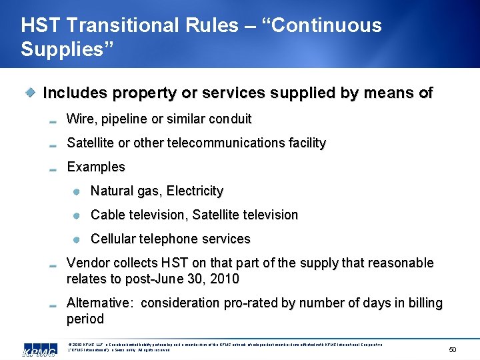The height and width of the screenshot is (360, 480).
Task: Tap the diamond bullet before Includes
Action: click(30, 93)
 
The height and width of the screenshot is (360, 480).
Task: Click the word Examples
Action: click(96, 167)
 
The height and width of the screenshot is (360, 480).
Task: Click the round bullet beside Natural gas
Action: click(77, 191)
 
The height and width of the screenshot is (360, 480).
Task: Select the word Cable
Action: click(105, 215)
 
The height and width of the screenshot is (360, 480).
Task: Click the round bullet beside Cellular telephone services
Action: click(77, 239)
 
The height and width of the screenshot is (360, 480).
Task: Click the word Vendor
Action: click(87, 263)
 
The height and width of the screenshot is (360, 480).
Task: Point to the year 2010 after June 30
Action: click(225, 279)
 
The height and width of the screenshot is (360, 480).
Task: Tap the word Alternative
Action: click(98, 303)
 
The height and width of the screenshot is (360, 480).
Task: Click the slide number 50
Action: click(452, 349)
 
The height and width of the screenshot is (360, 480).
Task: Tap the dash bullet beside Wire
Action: click(53, 121)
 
